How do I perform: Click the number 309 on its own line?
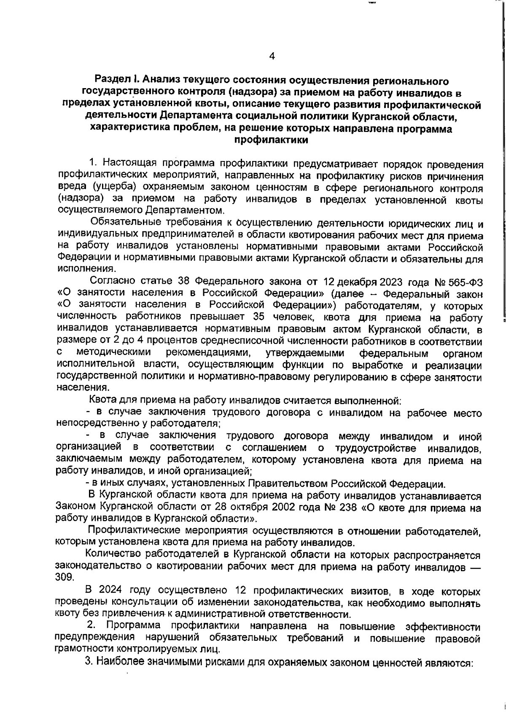pyautogui.click(x=65, y=577)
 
